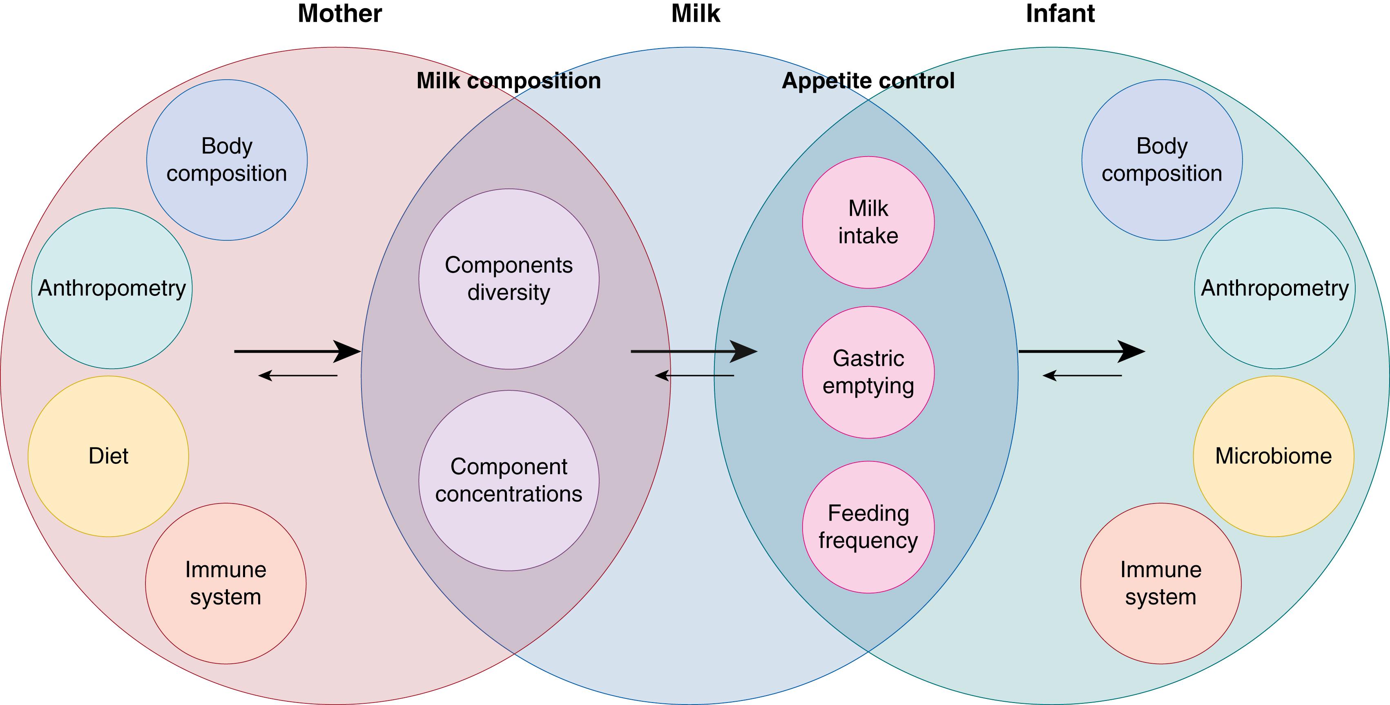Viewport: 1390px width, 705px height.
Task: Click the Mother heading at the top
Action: pos(339,13)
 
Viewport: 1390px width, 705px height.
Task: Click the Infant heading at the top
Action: pos(1060,13)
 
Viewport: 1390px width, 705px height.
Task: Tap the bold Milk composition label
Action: pos(508,81)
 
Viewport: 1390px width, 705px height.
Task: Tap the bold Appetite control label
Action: pos(868,81)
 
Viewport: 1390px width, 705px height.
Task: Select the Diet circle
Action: pos(109,456)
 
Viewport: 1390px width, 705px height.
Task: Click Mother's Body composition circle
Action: pos(227,160)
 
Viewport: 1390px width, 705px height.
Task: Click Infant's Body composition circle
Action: pos(1162,160)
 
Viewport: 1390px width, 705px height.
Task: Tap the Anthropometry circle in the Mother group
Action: pos(112,288)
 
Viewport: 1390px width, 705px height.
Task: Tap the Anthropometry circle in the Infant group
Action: pos(1274,288)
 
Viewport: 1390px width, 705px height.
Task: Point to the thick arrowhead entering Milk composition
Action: pos(348,351)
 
